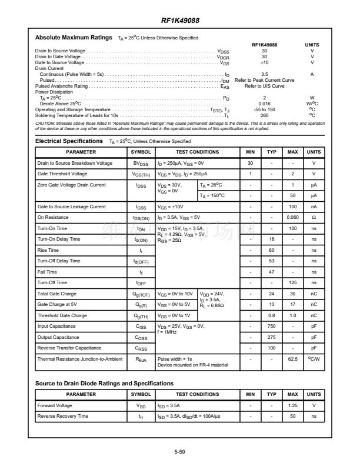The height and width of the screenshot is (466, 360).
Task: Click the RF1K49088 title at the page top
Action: (x=180, y=21)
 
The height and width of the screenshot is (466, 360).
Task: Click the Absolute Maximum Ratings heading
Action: (x=74, y=38)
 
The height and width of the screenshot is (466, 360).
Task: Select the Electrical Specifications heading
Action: (x=69, y=141)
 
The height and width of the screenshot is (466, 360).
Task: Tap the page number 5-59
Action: (x=180, y=451)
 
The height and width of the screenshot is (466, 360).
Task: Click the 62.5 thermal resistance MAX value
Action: (x=292, y=358)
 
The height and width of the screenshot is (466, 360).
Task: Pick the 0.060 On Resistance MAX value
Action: (x=292, y=217)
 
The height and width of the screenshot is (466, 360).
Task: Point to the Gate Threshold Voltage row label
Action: (x=62, y=174)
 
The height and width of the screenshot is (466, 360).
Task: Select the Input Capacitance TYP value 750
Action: (x=271, y=325)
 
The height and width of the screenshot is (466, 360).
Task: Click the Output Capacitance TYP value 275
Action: (x=271, y=337)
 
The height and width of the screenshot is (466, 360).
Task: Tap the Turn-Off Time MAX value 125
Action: (x=292, y=282)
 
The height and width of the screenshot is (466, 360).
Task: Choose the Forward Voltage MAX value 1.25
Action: (x=292, y=405)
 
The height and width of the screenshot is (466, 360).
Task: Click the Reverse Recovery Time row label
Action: (x=63, y=416)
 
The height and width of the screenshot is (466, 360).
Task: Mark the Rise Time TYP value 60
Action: (x=271, y=250)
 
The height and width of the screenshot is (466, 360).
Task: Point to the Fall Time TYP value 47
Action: (x=271, y=272)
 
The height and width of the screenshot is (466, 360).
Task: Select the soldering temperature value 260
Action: (x=264, y=115)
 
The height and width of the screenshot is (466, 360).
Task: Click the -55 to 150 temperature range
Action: (x=264, y=109)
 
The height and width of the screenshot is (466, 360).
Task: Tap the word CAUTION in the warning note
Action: (x=45, y=123)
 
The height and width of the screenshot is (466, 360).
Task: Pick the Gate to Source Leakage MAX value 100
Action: (x=292, y=207)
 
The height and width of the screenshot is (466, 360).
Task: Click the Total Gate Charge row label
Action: (x=57, y=293)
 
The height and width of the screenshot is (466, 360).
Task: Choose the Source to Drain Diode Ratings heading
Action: (x=104, y=384)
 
